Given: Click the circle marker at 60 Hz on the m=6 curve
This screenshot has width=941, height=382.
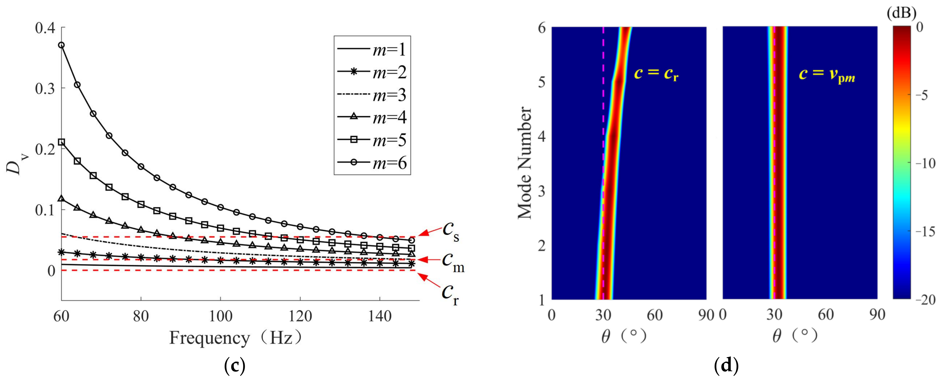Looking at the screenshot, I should [x=61, y=45].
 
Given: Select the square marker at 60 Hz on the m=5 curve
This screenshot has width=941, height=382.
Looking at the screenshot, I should [x=61, y=142].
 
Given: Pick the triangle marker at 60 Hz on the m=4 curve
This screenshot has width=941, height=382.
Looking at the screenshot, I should [x=61, y=198].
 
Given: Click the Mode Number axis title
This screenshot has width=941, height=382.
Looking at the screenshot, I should [x=524, y=163].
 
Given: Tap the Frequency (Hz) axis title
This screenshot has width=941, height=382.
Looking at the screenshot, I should [x=236, y=338].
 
